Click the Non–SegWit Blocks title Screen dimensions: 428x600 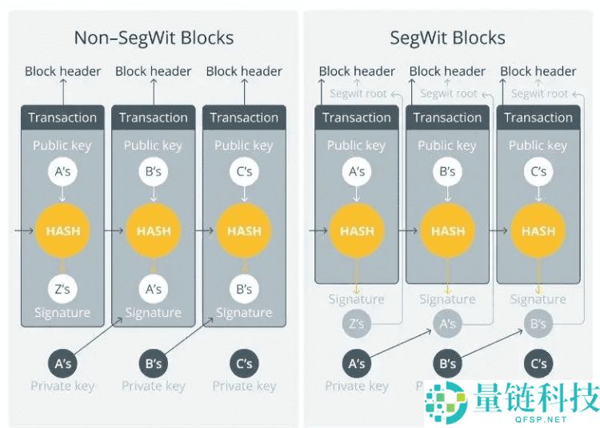[154, 38]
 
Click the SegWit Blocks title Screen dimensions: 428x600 [447, 38]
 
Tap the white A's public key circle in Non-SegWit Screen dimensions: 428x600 [62, 172]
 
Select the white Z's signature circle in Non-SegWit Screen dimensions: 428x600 [62, 289]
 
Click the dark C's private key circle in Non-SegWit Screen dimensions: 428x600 [244, 363]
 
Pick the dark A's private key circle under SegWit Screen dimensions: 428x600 [357, 363]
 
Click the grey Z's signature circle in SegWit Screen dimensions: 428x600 [357, 324]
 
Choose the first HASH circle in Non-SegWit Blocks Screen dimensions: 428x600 [62, 231]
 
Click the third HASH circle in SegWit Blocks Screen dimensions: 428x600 [538, 231]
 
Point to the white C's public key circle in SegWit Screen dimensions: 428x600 [538, 172]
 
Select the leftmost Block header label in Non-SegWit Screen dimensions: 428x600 [62, 71]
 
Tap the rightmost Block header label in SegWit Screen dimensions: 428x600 [538, 71]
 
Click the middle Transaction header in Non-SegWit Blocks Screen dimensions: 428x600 [154, 118]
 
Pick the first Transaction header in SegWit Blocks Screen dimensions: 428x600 [357, 118]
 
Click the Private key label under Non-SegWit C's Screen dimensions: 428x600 [244, 386]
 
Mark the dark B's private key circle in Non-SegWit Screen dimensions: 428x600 [154, 363]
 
